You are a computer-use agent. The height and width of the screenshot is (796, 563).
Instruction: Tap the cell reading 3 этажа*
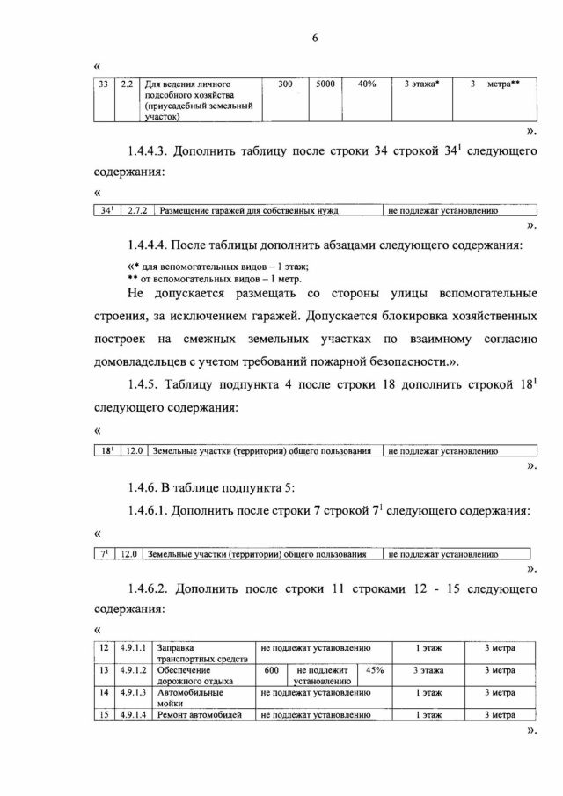tap(422, 84)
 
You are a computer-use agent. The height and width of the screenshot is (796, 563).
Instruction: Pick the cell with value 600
tap(272, 670)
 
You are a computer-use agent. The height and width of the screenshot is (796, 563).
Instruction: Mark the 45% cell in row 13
tap(375, 670)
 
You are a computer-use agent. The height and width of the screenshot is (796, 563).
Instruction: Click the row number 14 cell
tap(105, 693)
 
